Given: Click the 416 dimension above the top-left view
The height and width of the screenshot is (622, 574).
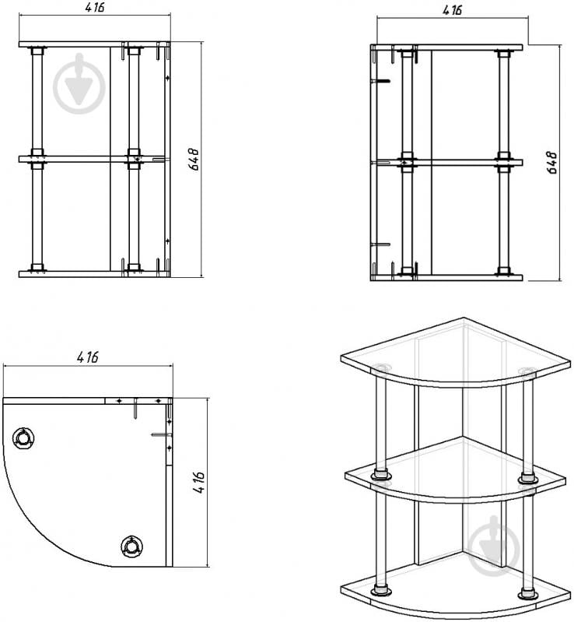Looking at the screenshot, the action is pyautogui.click(x=95, y=8).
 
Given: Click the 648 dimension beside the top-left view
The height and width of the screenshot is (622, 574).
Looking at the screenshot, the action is pyautogui.click(x=194, y=159).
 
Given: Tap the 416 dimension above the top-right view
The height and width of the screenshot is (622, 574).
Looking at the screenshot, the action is pyautogui.click(x=453, y=9).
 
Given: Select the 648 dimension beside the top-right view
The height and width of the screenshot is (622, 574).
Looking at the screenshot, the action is pyautogui.click(x=552, y=162).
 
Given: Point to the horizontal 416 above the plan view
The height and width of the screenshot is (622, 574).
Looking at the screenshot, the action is pyautogui.click(x=88, y=357).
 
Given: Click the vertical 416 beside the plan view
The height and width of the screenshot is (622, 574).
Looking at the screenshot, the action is pyautogui.click(x=199, y=482).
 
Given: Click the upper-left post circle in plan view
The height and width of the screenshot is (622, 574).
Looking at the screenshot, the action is pyautogui.click(x=23, y=438).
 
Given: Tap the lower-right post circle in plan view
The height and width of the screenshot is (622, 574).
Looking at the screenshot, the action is pyautogui.click(x=131, y=546).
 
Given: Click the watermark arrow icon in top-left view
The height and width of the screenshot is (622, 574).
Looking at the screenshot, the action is pyautogui.click(x=79, y=83).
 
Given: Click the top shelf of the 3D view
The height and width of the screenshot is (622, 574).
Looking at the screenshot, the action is pyautogui.click(x=456, y=353).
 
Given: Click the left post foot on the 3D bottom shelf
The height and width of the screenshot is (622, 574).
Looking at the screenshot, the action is pyautogui.click(x=381, y=591).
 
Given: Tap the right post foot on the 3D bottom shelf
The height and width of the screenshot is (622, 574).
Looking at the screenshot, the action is pyautogui.click(x=527, y=593).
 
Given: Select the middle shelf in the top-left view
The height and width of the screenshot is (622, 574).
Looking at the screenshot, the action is pyautogui.click(x=92, y=159).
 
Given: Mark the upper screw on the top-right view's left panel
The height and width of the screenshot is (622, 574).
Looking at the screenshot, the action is pyautogui.click(x=380, y=81).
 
